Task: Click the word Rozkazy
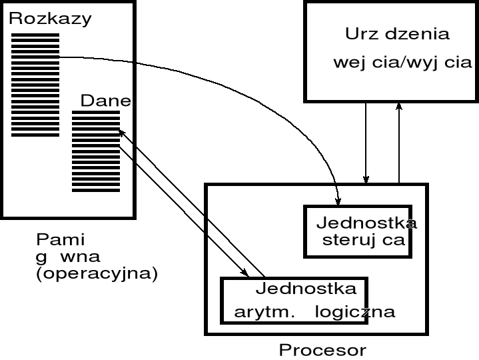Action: (x=50, y=18)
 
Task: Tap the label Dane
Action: (x=105, y=101)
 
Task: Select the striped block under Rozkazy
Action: (x=35, y=83)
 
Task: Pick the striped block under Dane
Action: (x=96, y=151)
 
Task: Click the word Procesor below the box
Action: (x=322, y=349)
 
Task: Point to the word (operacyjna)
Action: (x=97, y=274)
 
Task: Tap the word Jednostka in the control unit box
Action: (x=366, y=222)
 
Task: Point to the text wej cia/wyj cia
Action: (x=402, y=63)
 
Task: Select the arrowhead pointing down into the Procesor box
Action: (x=366, y=179)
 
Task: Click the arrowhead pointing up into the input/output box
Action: (x=398, y=106)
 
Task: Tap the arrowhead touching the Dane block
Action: (x=122, y=133)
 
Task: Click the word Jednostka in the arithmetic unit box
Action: (x=306, y=289)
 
